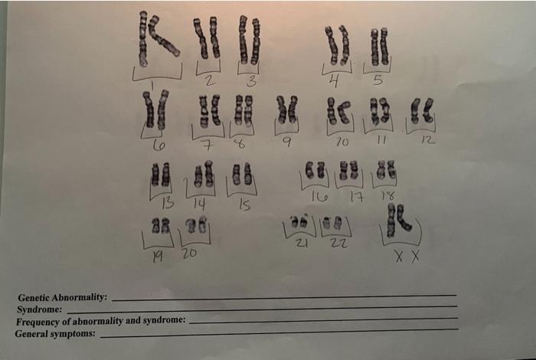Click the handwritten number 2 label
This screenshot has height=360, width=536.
(210, 80)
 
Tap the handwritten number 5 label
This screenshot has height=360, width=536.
(377, 80)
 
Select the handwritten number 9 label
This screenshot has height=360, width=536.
(287, 141)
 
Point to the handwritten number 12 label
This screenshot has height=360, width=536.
(428, 139)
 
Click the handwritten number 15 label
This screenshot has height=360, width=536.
(245, 205)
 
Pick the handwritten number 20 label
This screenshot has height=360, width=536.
(189, 253)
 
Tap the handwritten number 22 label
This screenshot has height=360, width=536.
(339, 242)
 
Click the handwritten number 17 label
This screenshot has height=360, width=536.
(358, 197)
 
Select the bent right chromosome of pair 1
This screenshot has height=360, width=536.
(163, 36)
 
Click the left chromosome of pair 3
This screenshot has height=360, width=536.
(243, 40)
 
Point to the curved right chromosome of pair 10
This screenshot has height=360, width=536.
(345, 112)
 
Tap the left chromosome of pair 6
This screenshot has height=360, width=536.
(149, 110)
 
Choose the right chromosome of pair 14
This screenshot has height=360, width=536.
(208, 174)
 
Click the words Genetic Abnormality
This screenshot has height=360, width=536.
(62, 297)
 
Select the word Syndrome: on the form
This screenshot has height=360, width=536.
(39, 309)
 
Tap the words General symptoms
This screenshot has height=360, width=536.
(55, 333)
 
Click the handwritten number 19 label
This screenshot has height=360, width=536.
(158, 257)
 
